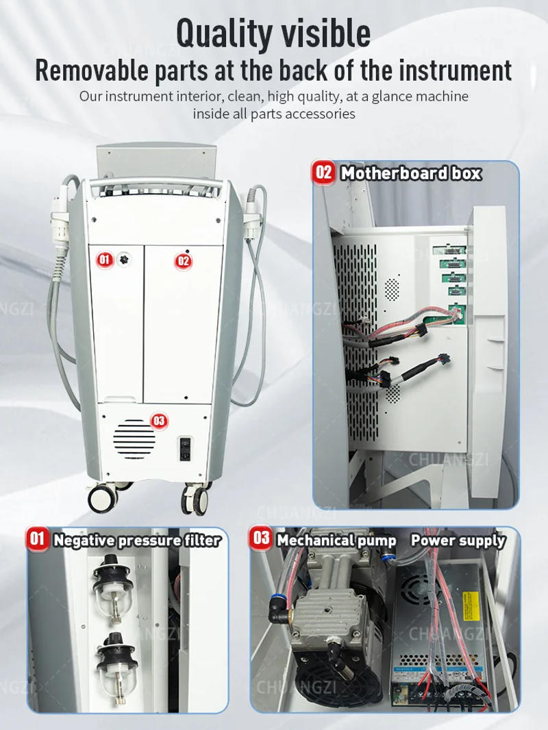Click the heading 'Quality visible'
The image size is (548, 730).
click(273, 32)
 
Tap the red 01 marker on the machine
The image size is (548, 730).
click(105, 259)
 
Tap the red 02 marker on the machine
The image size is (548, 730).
click(184, 261)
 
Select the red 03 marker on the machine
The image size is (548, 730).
click(159, 421)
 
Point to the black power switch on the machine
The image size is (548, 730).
click(185, 448)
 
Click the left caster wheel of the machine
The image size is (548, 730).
click(103, 497)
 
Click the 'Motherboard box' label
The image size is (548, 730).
click(410, 173)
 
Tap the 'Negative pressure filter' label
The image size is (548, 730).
click(137, 540)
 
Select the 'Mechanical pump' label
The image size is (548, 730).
click(336, 540)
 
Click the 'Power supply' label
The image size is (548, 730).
click(458, 540)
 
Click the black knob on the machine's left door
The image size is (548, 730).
click(123, 259)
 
